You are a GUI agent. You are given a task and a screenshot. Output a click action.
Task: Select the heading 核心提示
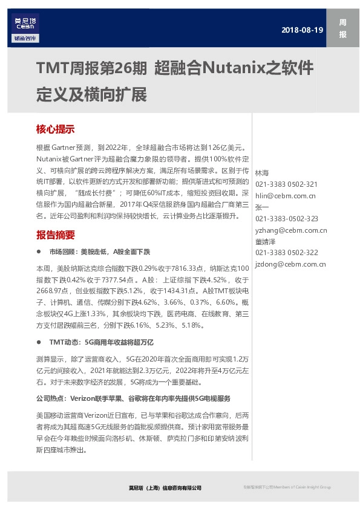coord(55,129)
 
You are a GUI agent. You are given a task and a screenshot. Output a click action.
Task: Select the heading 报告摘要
coord(55,235)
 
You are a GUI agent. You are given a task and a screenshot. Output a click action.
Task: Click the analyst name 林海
coord(262,173)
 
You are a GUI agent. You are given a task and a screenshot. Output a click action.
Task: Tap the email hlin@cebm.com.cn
coord(285,195)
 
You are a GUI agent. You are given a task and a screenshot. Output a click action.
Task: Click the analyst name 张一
coord(262,207)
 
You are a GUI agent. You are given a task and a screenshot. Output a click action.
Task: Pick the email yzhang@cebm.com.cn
coord(290,230)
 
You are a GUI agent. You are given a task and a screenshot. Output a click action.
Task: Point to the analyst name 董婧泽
coord(266,241)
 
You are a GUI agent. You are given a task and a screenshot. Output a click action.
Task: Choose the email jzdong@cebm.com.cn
coord(290,264)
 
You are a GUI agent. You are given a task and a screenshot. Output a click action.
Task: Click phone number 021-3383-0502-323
coord(286,218)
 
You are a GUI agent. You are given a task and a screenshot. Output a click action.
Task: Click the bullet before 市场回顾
coord(39,251)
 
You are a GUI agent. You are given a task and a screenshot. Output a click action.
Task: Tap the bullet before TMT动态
coord(39,342)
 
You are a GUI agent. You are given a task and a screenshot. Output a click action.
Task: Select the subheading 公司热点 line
coord(133,399)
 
